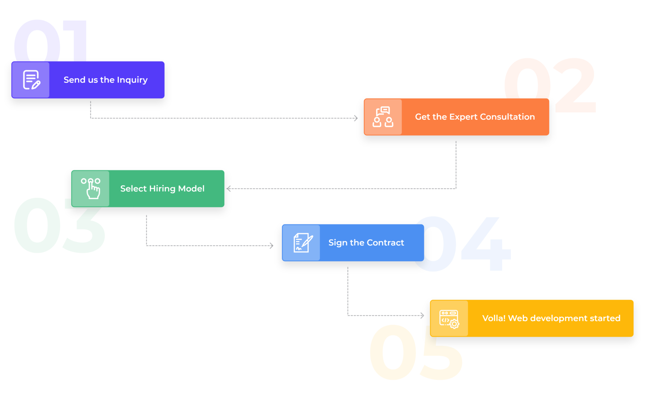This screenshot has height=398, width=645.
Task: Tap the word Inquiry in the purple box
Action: (132, 80)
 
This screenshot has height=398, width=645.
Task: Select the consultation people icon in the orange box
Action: (383, 117)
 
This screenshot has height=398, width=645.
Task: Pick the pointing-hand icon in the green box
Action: (91, 188)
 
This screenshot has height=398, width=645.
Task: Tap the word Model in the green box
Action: (191, 188)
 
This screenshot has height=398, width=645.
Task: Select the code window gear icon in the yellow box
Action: (449, 319)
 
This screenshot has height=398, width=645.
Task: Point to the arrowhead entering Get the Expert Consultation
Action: (356, 118)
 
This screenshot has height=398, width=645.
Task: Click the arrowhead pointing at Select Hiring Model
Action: (228, 189)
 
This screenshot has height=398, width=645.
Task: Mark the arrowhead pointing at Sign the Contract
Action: (271, 246)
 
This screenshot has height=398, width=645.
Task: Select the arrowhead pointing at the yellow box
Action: (422, 315)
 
